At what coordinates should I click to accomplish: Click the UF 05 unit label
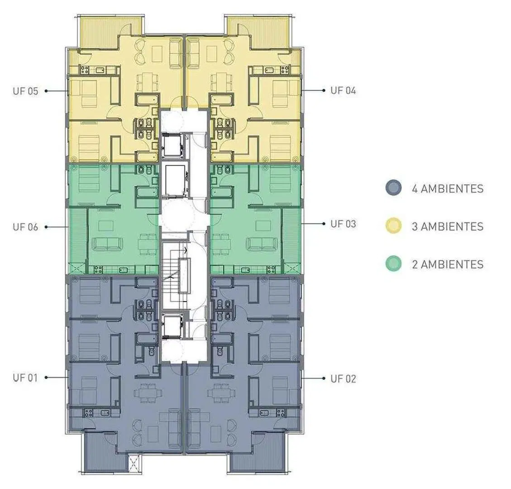[x=25, y=91]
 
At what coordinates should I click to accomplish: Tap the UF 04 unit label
[x=343, y=90]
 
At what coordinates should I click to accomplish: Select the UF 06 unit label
[x=25, y=227]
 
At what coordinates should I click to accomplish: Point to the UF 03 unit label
[x=343, y=224]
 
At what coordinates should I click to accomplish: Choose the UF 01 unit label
[x=25, y=378]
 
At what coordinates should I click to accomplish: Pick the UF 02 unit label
[x=343, y=379]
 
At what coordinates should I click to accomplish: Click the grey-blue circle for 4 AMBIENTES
[x=393, y=188]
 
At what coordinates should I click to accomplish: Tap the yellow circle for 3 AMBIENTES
[x=393, y=225]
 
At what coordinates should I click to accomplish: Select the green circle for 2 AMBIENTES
[x=393, y=264]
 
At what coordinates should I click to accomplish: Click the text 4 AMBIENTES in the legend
[x=448, y=188]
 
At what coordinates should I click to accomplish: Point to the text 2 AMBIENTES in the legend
[x=448, y=264]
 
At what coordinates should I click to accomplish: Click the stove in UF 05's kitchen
[x=85, y=69]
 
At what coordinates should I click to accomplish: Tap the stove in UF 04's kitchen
[x=285, y=69]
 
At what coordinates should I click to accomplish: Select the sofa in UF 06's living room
[x=108, y=244]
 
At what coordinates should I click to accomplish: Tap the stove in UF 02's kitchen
[x=281, y=413]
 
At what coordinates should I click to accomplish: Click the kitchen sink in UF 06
[x=123, y=270]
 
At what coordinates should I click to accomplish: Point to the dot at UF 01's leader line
[x=46, y=378]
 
